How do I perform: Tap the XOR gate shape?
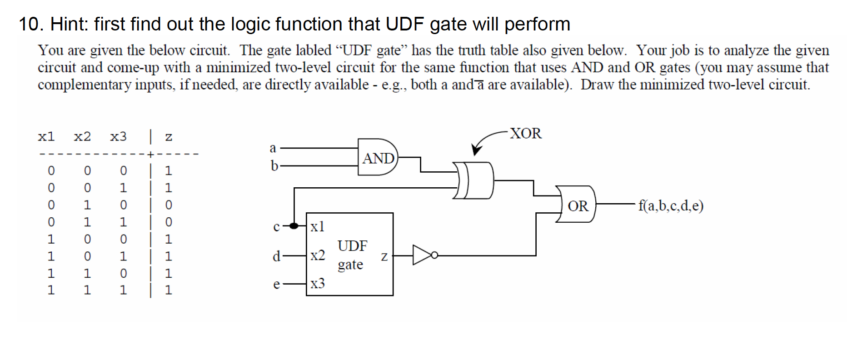[475, 180]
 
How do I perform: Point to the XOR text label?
[525, 133]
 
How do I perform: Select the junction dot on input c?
[294, 226]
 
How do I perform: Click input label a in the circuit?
[273, 148]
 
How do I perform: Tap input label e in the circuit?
[276, 285]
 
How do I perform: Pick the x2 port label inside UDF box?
[318, 255]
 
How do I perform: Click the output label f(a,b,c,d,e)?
[671, 206]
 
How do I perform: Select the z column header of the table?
[169, 136]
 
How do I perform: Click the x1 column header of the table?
[46, 136]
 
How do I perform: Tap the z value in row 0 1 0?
[169, 205]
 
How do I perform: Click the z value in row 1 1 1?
[169, 290]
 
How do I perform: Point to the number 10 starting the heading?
[30, 24]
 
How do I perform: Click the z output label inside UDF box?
[384, 257]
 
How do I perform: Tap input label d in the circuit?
[276, 256]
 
